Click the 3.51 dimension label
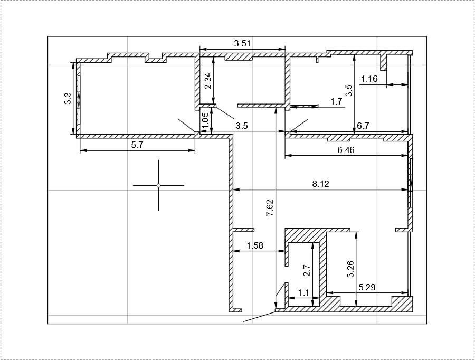(x=242, y=43)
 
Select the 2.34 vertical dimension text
(x=208, y=81)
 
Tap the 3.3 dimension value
(x=68, y=98)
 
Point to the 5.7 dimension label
(x=137, y=145)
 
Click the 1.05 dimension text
(x=205, y=121)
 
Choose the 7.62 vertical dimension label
(x=270, y=207)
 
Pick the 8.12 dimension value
(x=320, y=184)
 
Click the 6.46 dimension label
(x=346, y=150)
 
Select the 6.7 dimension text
(x=363, y=126)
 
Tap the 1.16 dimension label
(x=369, y=79)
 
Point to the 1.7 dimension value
(x=336, y=101)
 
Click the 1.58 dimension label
(x=255, y=245)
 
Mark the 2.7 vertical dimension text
(x=307, y=271)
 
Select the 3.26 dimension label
(x=350, y=269)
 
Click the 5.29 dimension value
(x=367, y=287)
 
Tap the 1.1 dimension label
(x=303, y=293)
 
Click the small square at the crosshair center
(x=158, y=185)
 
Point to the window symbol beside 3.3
(x=79, y=100)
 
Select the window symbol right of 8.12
(x=411, y=183)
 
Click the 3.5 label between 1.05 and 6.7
(x=242, y=126)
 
